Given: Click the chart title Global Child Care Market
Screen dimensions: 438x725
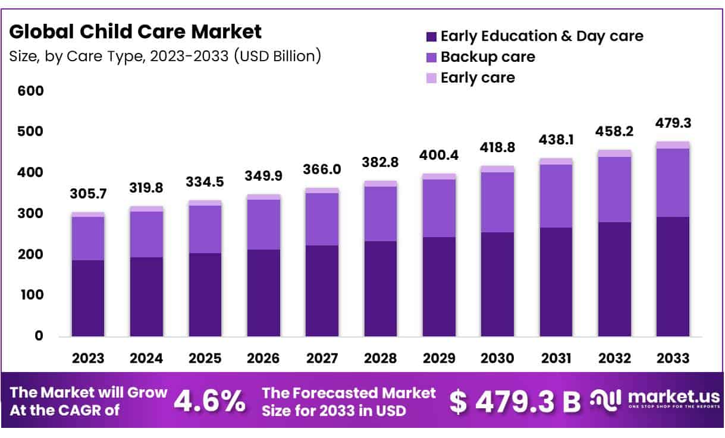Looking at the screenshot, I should pyautogui.click(x=136, y=31).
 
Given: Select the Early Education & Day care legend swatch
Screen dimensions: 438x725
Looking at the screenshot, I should pyautogui.click(x=431, y=37).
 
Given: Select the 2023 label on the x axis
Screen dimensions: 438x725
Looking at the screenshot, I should pyautogui.click(x=88, y=358).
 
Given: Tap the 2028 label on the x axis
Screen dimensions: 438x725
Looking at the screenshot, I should pyautogui.click(x=381, y=358).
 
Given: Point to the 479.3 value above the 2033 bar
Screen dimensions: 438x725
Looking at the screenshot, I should pyautogui.click(x=673, y=124).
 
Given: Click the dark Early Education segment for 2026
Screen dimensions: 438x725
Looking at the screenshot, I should pyautogui.click(x=264, y=293).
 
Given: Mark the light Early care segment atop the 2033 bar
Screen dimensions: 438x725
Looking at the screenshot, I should pyautogui.click(x=673, y=145).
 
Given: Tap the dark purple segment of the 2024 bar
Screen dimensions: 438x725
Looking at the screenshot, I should pyautogui.click(x=146, y=297).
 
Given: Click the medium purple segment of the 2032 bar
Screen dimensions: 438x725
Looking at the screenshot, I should pyautogui.click(x=614, y=190).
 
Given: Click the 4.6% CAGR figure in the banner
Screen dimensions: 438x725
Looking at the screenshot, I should pyautogui.click(x=209, y=402).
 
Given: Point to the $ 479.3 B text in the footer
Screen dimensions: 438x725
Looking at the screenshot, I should pyautogui.click(x=514, y=402).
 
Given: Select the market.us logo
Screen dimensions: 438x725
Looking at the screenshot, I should pyautogui.click(x=655, y=399).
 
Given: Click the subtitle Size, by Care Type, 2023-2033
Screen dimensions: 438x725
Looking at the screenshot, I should pyautogui.click(x=165, y=56).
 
